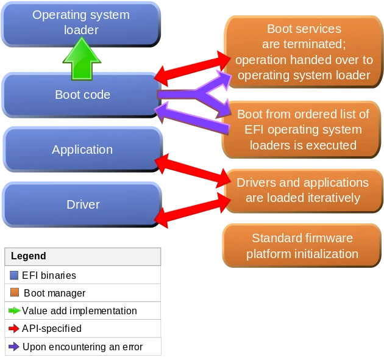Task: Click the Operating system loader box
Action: coord(81,22)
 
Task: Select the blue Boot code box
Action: coord(82,95)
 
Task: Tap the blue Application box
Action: coord(82,149)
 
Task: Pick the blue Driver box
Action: coord(82,204)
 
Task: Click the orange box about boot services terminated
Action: coord(304,52)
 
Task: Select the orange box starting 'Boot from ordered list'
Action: coord(303,129)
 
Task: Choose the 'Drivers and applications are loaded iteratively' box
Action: coord(302,190)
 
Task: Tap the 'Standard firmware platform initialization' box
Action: coord(302,245)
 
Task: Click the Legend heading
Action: coord(29,256)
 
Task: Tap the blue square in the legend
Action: coord(15,276)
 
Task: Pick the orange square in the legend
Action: coord(15,292)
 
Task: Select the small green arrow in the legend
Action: coord(15,311)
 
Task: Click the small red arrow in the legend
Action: coord(15,328)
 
